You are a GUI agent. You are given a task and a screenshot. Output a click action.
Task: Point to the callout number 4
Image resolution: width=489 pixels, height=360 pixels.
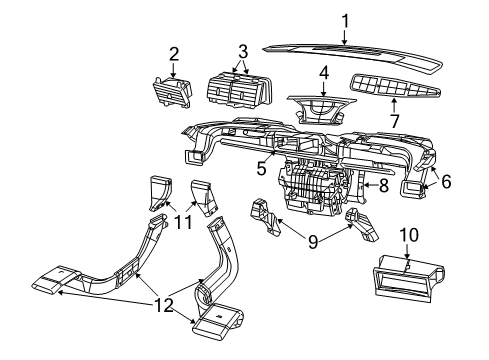[x=324, y=73]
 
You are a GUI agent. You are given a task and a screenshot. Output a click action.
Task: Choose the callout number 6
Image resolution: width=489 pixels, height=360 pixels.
[x=446, y=182]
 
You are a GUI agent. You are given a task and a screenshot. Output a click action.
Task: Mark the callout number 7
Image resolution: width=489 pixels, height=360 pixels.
[x=393, y=121]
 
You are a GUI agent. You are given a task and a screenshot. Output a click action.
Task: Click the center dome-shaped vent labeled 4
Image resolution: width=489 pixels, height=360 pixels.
[x=322, y=107]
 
